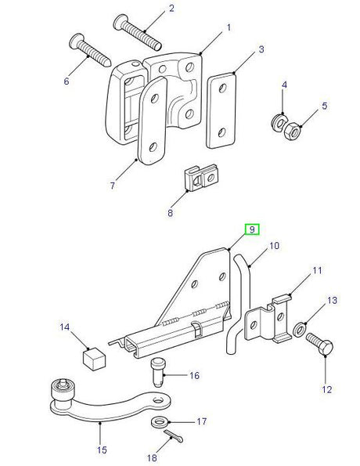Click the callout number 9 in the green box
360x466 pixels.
point(252,229)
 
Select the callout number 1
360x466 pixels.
point(229,27)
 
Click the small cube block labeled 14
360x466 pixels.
point(92,359)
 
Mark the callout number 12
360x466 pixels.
point(327,388)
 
